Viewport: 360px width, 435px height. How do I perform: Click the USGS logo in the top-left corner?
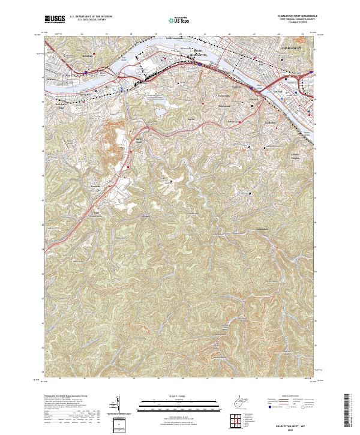tap(55, 20)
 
